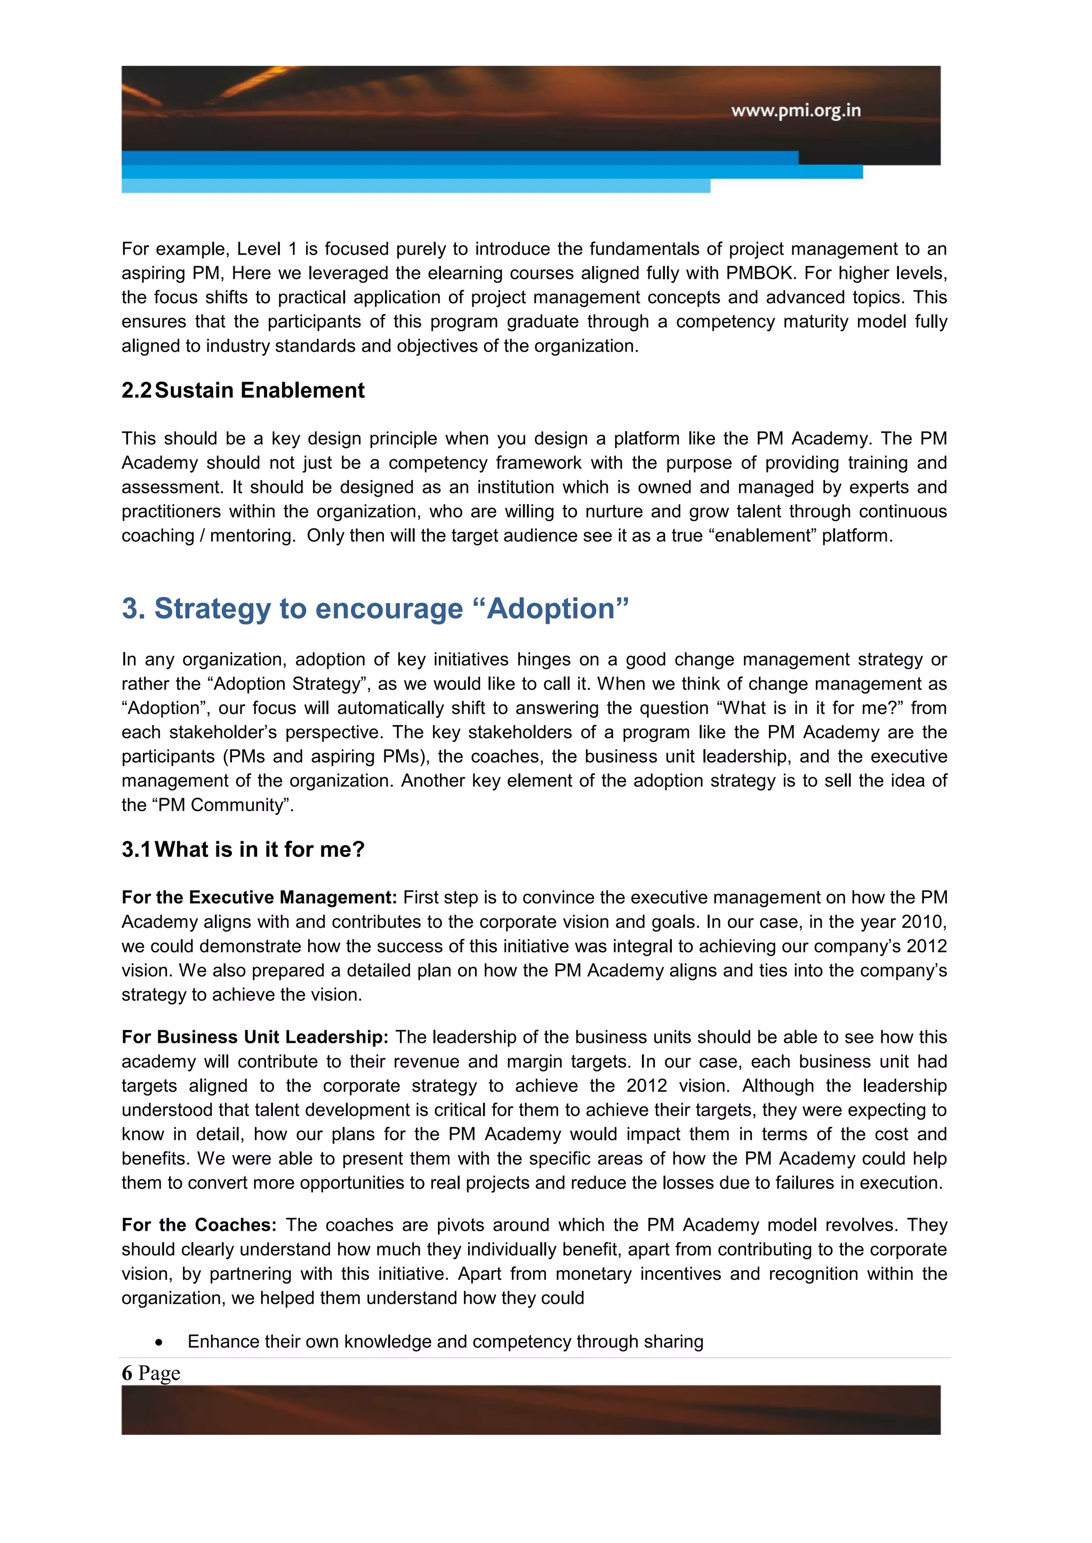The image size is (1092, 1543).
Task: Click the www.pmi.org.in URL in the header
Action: [x=796, y=110]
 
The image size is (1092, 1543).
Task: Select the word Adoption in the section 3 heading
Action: [x=551, y=609]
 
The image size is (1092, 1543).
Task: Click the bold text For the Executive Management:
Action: [x=260, y=898]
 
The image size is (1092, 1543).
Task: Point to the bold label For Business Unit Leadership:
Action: [x=255, y=1037]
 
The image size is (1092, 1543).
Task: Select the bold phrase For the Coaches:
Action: [x=199, y=1225]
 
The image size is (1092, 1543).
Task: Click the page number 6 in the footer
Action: [x=127, y=1373]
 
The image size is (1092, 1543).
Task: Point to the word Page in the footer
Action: [x=159, y=1373]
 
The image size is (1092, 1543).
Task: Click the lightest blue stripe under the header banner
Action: [x=415, y=186]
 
